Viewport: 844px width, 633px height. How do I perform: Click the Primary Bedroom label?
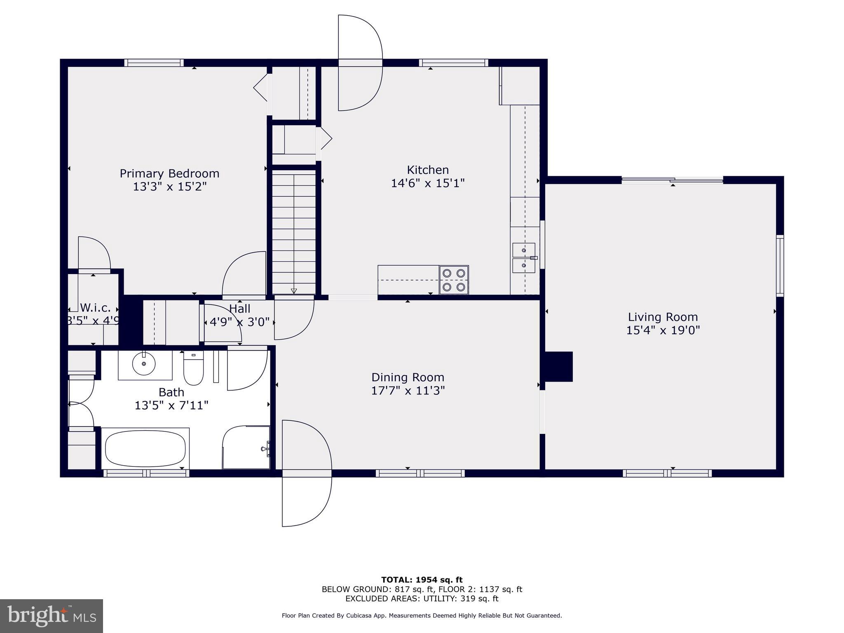169,173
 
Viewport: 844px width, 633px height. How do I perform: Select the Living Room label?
663,317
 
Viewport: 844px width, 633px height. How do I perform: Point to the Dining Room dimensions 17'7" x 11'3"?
408,391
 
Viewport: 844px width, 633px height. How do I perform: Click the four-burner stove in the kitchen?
454,280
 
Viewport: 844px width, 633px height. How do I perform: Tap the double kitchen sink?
523,258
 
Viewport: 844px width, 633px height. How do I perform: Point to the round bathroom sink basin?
143,363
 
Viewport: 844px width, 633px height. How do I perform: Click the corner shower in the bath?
246,448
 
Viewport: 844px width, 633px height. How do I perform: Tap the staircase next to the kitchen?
294,233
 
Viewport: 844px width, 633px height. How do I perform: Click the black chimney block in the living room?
558,366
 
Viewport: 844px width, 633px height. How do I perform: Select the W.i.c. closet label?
95,308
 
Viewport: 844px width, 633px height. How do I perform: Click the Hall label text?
239,309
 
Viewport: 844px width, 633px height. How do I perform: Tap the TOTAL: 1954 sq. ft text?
422,580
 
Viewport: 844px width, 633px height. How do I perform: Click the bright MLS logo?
51,616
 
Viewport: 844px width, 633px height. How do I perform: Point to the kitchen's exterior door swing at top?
360,63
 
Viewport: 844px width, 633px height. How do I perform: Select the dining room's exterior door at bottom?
307,474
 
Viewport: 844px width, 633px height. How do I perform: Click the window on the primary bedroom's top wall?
154,63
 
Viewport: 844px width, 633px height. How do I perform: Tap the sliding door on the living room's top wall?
672,180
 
